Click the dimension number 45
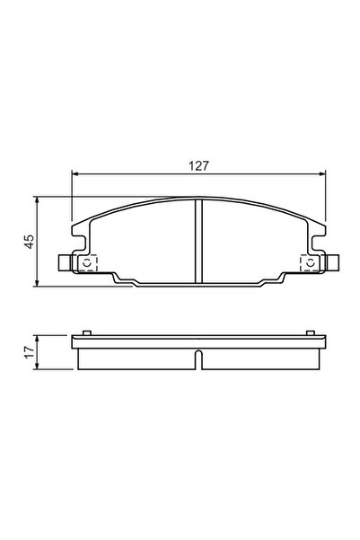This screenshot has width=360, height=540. pos(29,241)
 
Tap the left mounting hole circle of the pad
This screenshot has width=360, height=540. pos(87,262)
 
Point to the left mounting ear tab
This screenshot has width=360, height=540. pos(65,262)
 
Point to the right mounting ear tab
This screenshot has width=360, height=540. pos(331,262)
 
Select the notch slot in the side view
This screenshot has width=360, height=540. pos(198,363)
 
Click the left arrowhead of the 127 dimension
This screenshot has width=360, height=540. pos(75,175)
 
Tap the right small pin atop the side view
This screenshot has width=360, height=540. pos(311,333)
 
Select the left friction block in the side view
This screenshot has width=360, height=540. pos(135,357)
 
